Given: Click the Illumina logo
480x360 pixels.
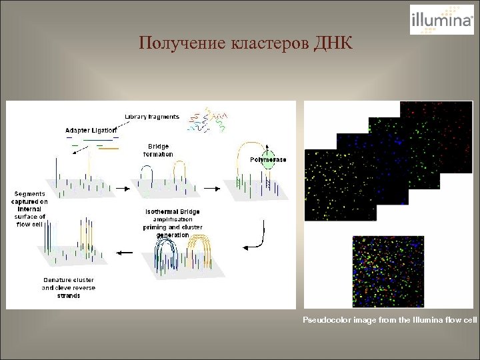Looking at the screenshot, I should [441, 19].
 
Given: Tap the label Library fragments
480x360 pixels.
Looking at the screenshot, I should [152, 117].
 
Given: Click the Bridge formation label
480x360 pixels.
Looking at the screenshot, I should [158, 150].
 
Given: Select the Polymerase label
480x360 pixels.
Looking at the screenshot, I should [268, 160].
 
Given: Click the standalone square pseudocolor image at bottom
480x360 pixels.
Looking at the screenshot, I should [388, 271].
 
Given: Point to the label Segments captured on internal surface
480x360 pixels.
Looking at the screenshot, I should [29, 209].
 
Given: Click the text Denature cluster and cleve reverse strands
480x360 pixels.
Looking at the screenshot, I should [68, 287].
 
